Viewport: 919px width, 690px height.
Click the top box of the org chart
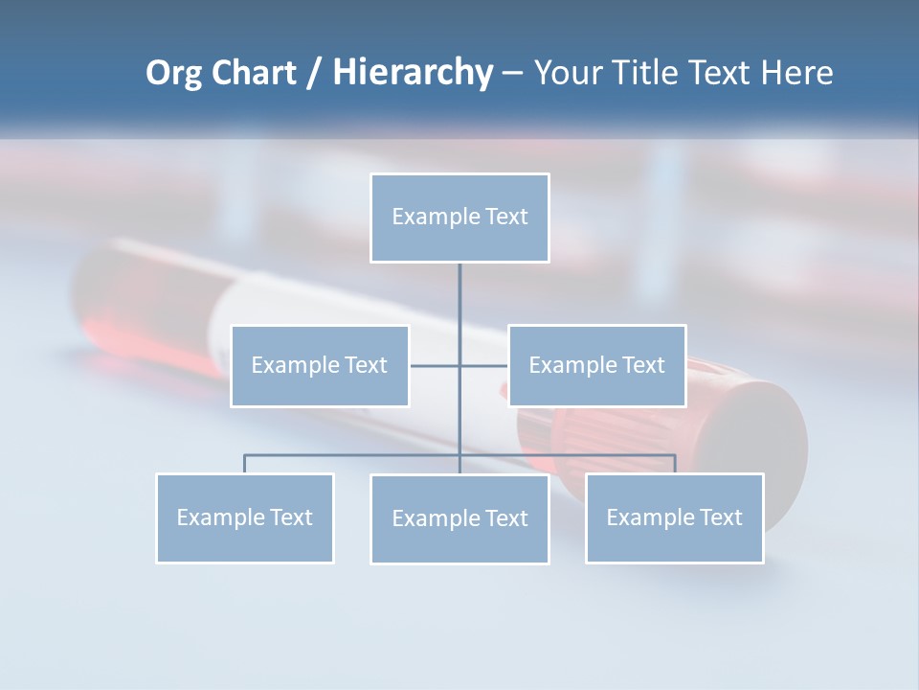[459, 218]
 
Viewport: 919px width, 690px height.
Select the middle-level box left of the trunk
[320, 366]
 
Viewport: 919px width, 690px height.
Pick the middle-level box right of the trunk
[596, 366]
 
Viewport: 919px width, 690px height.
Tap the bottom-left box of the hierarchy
[245, 518]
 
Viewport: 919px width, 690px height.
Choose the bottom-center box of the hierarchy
[459, 519]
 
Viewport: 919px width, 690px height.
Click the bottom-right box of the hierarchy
[674, 518]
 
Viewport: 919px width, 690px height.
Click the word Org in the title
[173, 74]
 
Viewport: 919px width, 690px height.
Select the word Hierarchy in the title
[413, 73]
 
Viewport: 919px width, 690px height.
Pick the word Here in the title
[796, 73]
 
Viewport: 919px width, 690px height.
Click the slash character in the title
[314, 74]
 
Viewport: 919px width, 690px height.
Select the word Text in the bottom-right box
[721, 518]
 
